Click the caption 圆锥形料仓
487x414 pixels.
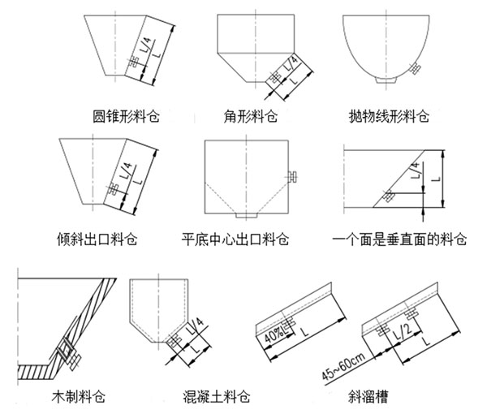tap(126, 117)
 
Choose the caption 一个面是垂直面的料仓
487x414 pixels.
tap(400, 240)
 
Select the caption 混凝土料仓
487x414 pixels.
tap(217, 397)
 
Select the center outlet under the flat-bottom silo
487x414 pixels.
tap(245, 218)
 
